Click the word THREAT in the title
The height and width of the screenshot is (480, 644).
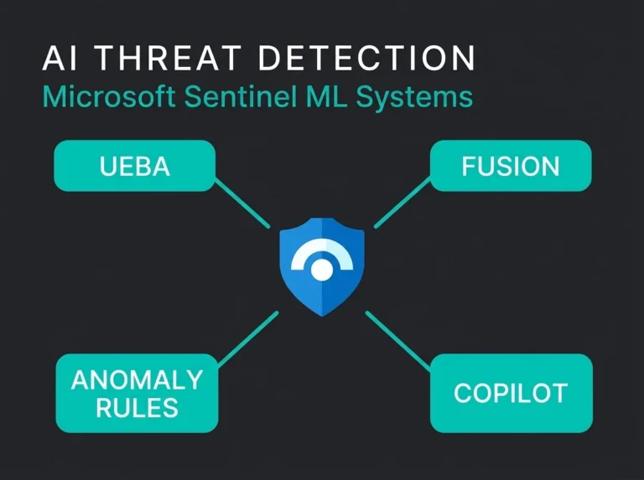(168, 58)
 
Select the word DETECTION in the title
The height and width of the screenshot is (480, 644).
(366, 58)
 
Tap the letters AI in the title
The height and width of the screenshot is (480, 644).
(60, 58)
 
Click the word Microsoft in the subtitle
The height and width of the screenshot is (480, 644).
(109, 97)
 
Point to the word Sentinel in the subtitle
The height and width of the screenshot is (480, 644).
(241, 97)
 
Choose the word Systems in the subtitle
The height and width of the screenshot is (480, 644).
(414, 98)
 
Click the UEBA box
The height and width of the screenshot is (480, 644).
(135, 166)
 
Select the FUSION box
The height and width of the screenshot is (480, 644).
(511, 166)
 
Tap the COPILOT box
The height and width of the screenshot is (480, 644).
(512, 393)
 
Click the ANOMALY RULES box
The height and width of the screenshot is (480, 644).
(137, 393)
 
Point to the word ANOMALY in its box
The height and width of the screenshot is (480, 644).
(137, 380)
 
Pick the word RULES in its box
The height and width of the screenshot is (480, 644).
(137, 408)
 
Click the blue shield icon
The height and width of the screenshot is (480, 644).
(322, 266)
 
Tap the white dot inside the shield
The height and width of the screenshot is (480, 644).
(322, 270)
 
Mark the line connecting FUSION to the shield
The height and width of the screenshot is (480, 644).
(402, 202)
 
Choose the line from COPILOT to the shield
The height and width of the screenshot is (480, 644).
(398, 340)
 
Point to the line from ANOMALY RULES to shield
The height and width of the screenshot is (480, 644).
(248, 339)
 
